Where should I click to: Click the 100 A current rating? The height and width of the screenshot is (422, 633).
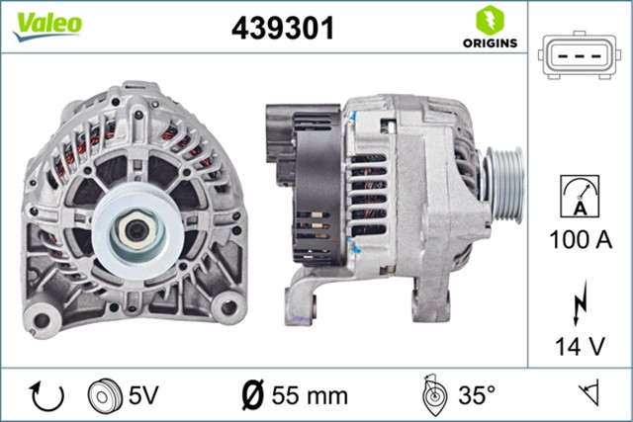point(580,239)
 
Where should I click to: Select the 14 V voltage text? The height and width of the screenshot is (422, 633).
point(580,345)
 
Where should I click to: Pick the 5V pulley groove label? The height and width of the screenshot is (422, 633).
point(142,395)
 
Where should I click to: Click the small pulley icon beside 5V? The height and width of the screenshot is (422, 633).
point(103,395)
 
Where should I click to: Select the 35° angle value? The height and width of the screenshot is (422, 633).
point(475,396)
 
